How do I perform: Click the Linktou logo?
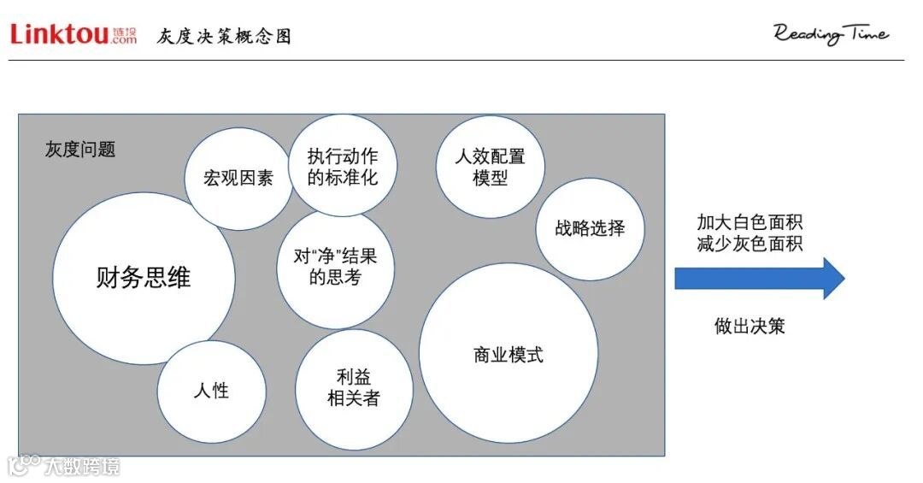[x=73, y=34]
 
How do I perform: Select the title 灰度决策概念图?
[x=224, y=36]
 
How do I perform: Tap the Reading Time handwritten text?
[x=831, y=34]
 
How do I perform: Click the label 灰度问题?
[x=80, y=150]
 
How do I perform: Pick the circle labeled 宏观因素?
[x=238, y=179]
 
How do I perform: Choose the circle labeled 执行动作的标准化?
[x=342, y=166]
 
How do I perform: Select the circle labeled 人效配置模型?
[x=490, y=167]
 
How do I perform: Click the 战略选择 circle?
[x=590, y=228]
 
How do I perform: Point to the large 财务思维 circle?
[x=144, y=278]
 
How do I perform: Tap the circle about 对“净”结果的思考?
[x=335, y=266]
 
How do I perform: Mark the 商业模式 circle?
[x=509, y=353]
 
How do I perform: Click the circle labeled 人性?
[x=211, y=391]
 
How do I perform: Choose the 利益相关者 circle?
[x=354, y=387]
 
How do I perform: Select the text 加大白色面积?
[x=750, y=222]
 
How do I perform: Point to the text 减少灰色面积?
[x=750, y=244]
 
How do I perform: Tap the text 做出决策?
[x=750, y=326]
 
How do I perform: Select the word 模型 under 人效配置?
[x=490, y=179]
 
